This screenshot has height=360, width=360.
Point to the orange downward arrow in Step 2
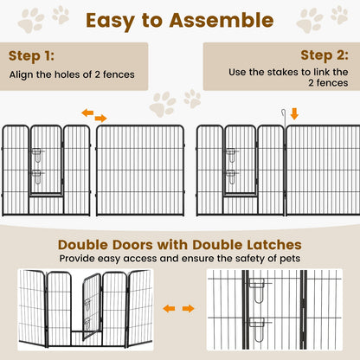(293, 113)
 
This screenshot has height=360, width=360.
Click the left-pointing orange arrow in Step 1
(87, 112)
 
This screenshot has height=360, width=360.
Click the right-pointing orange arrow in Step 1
(100, 118)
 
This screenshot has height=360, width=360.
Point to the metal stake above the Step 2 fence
(280, 119)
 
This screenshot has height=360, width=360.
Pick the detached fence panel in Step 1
(139, 170)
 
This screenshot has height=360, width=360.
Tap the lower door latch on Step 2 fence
(231, 173)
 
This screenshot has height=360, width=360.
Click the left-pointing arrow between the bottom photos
(170, 308)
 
